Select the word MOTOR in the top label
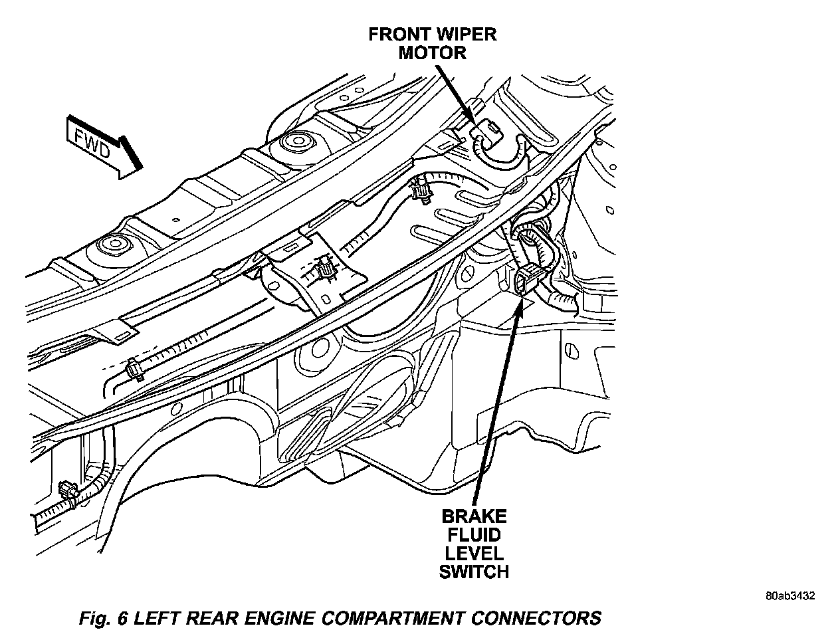click(x=432, y=53)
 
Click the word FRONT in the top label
click(x=398, y=34)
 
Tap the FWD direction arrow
click(x=103, y=147)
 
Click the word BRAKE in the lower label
click(x=474, y=516)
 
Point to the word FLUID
click(x=474, y=534)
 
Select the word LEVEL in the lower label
click(x=474, y=552)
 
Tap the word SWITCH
click(x=474, y=571)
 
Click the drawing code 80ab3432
click(x=789, y=596)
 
